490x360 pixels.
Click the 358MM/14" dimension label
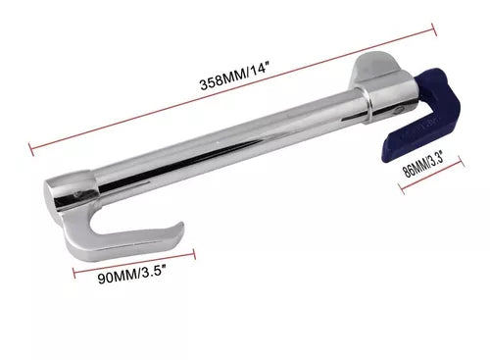[234, 77]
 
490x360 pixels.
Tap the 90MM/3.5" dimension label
[131, 274]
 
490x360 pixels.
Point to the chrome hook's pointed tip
[181, 224]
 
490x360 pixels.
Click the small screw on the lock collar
[399, 110]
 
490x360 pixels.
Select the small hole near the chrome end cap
[77, 195]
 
